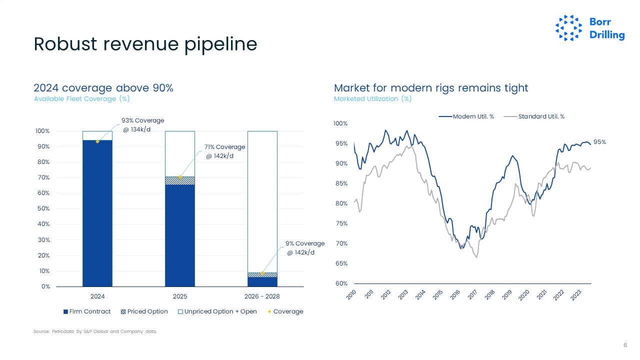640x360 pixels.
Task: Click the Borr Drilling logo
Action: click(590, 28)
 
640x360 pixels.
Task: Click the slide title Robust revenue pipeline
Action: click(145, 44)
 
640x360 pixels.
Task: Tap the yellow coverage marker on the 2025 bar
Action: click(180, 177)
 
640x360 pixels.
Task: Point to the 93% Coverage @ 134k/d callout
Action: click(142, 125)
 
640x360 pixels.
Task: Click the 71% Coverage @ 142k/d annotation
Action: click(224, 151)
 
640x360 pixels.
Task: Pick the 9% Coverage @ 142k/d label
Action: click(304, 248)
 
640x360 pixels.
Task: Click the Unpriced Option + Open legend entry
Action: click(217, 311)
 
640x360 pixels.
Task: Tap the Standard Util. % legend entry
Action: click(534, 116)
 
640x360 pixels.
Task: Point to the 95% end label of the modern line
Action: click(599, 142)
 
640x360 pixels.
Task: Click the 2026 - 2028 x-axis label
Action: click(262, 296)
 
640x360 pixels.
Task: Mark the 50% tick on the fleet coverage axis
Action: click(42, 208)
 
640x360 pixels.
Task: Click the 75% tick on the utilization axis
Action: click(341, 223)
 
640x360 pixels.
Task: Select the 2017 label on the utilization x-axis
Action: click(472, 295)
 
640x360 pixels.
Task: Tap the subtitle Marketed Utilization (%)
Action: click(372, 99)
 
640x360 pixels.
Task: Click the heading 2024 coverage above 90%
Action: click(103, 88)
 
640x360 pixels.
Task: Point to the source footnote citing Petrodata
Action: click(95, 331)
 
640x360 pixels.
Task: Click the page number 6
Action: click(625, 345)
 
